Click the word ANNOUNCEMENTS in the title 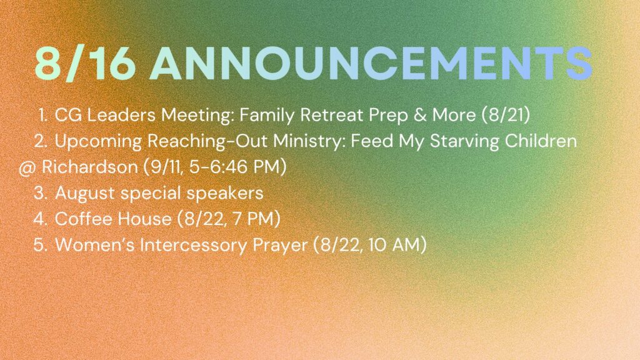click(x=371, y=63)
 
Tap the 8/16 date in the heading click(x=85, y=63)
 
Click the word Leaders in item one click(x=121, y=115)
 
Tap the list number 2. click(x=41, y=141)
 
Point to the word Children click(x=541, y=141)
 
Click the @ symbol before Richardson click(x=27, y=168)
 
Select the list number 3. click(x=41, y=193)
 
